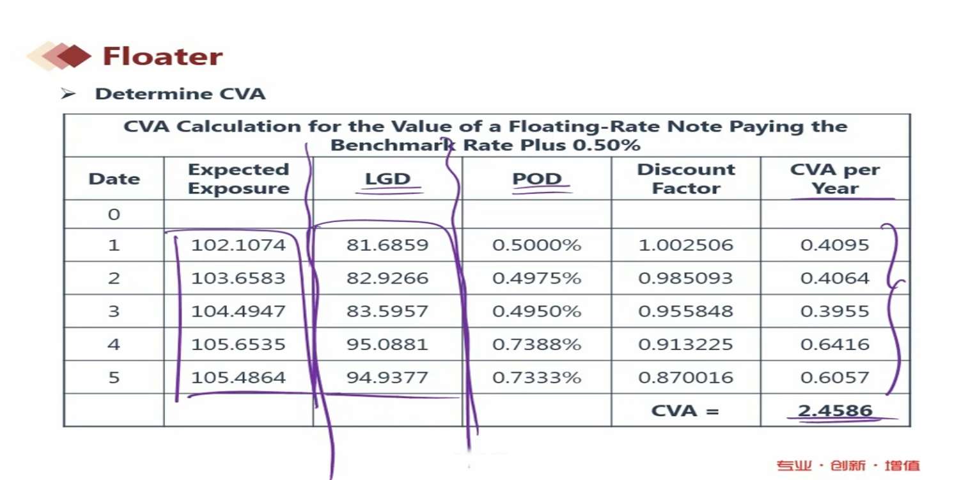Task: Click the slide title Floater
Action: pyautogui.click(x=162, y=56)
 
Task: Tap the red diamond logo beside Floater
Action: pyautogui.click(x=72, y=56)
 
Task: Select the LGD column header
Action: pyautogui.click(x=387, y=179)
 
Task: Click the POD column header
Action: pyautogui.click(x=537, y=179)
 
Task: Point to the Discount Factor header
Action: pyautogui.click(x=686, y=179)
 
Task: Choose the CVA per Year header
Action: pyautogui.click(x=835, y=179)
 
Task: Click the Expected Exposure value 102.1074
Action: pyautogui.click(x=238, y=245)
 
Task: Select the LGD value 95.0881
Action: pyautogui.click(x=387, y=344)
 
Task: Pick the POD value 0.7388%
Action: pyautogui.click(x=536, y=344)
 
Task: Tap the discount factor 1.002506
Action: pyautogui.click(x=686, y=245)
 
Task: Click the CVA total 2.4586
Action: pyautogui.click(x=835, y=411)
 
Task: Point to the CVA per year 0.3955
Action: pyautogui.click(x=835, y=312)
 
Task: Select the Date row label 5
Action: pyautogui.click(x=114, y=378)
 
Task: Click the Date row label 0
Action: pyautogui.click(x=114, y=214)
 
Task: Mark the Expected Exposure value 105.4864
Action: pyautogui.click(x=238, y=378)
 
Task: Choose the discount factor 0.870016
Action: pyautogui.click(x=686, y=378)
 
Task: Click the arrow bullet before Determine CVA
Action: pyautogui.click(x=68, y=94)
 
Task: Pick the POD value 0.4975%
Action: pyautogui.click(x=536, y=278)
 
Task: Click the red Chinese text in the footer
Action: pyautogui.click(x=848, y=465)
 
